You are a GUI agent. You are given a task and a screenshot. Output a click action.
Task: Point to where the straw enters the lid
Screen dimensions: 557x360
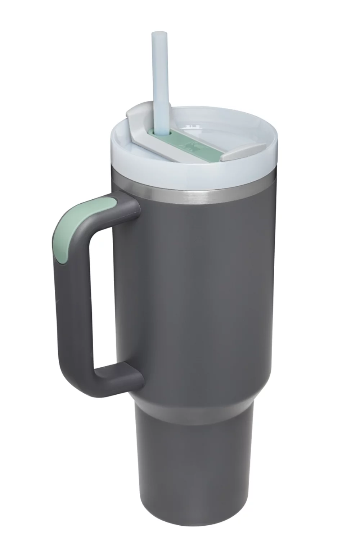coord(161,133)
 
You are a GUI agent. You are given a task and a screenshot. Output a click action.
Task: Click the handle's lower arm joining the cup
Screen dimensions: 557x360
coord(119,381)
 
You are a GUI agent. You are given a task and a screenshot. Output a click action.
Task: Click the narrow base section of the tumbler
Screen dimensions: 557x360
coord(194,479)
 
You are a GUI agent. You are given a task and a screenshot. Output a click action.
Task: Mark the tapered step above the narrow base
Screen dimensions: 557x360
coord(194,414)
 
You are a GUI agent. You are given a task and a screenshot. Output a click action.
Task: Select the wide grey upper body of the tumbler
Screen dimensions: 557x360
coord(202,288)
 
